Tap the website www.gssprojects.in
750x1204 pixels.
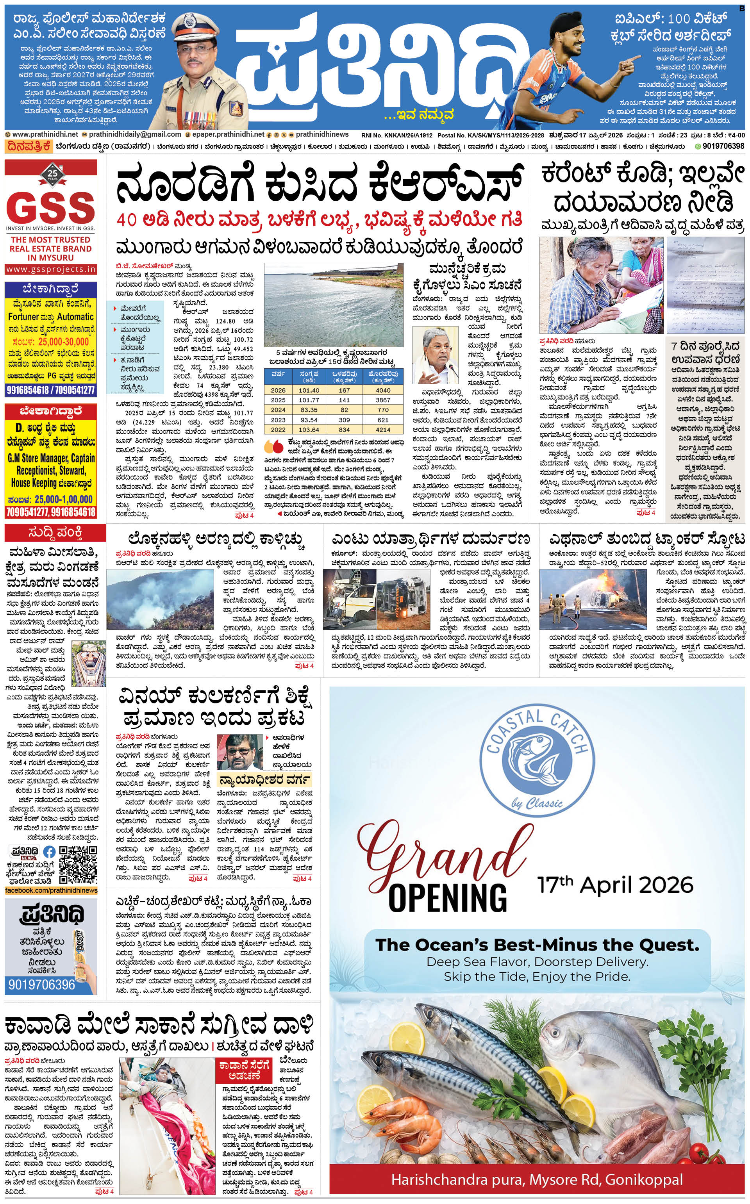[x=51, y=269]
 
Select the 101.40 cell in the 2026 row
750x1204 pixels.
[x=309, y=390]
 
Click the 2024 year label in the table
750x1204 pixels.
[x=278, y=410]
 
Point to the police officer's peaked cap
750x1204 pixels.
[x=191, y=22]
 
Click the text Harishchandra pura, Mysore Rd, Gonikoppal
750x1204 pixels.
[x=536, y=1179]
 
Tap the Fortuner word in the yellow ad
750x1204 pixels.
[x=23, y=316]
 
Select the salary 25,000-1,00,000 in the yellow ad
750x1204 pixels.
[x=64, y=499]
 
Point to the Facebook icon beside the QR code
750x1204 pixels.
[x=49, y=852]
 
